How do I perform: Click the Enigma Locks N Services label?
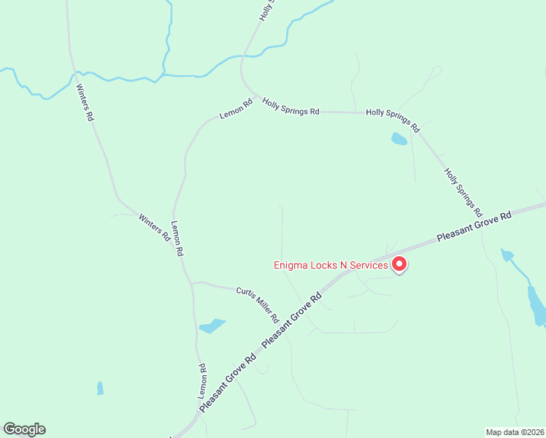pos(331,265)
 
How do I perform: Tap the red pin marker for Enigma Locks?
pos(399,264)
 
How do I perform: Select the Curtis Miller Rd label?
pos(258,305)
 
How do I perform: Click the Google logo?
pos(24,429)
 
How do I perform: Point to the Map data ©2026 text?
pos(515,431)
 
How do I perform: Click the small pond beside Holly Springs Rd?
pos(399,139)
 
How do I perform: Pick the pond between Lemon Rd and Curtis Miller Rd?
pos(212,326)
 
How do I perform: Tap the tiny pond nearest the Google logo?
pos(100,388)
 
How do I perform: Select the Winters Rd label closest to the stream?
pos(85,102)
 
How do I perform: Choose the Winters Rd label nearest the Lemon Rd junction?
pos(155,227)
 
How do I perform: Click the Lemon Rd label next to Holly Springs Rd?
pos(236,109)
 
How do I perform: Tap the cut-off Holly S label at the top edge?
pos(266,9)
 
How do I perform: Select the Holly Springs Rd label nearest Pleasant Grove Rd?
pos(464,192)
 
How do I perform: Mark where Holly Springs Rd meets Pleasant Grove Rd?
pos(488,219)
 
